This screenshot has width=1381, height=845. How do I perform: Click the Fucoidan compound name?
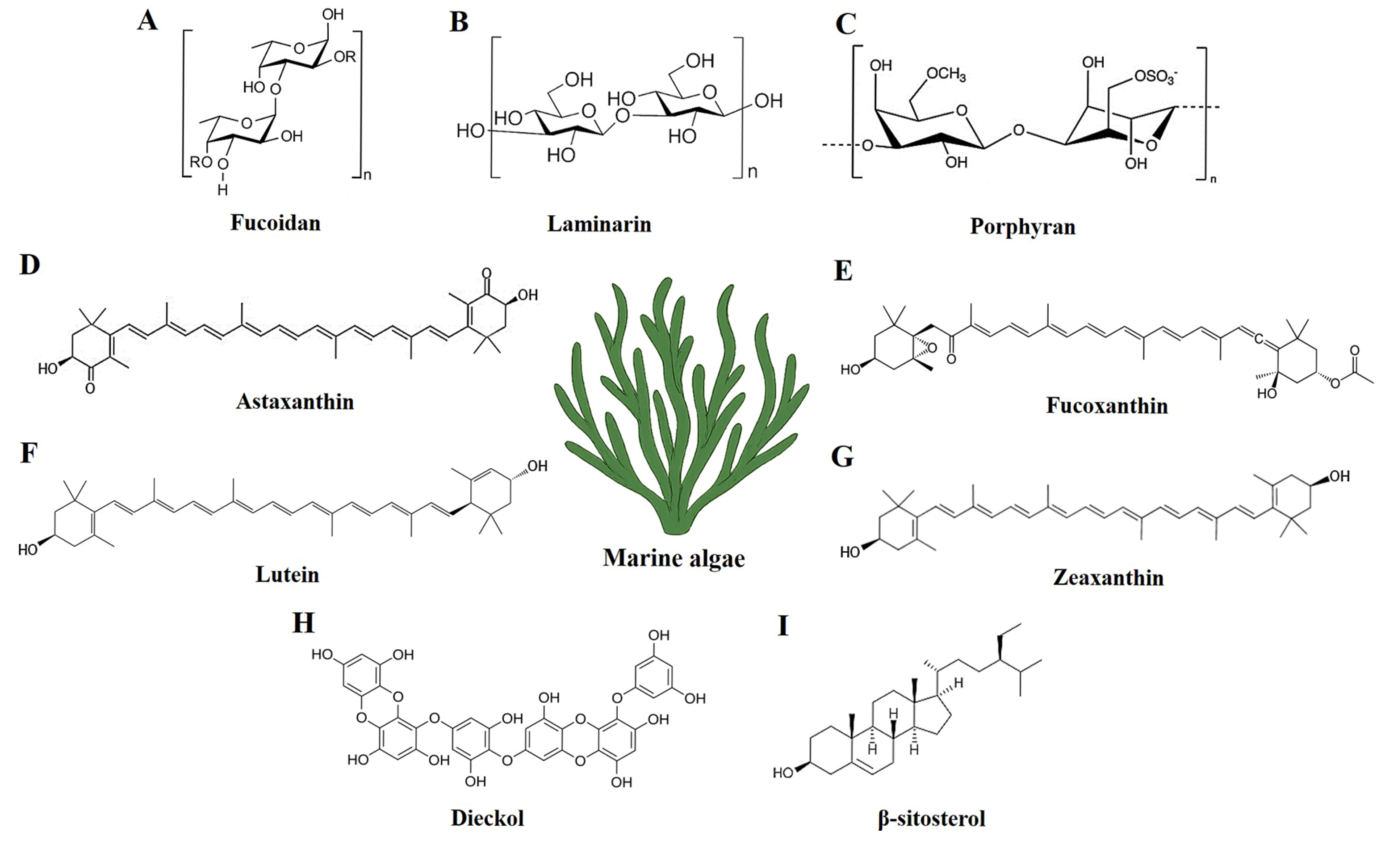coord(275,223)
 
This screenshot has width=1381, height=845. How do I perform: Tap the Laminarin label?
coord(599,224)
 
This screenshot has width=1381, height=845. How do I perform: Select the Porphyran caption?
coord(1022,227)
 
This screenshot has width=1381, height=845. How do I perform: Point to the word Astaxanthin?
coord(295,401)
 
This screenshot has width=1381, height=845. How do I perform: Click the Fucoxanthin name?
coord(1106,405)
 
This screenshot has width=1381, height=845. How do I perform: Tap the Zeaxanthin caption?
coord(1108,577)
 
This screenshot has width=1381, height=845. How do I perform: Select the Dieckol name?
coord(487,818)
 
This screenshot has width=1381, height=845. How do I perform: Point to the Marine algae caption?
coord(674,558)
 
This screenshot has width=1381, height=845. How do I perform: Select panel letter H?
coord(303,622)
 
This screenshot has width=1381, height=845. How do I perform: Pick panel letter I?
coord(783,626)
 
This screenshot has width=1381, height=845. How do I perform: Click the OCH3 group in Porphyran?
coord(946,75)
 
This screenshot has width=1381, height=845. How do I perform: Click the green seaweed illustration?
coord(681,404)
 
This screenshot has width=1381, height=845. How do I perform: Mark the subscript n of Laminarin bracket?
coord(753,171)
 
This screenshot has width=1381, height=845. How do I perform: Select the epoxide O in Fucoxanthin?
coord(932,348)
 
